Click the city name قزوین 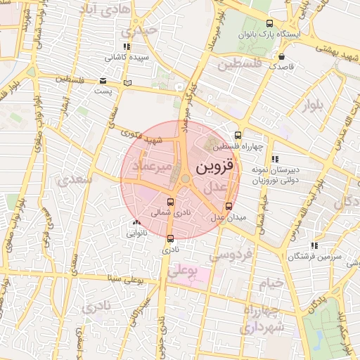tap(213, 168)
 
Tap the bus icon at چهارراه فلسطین tap(238, 134)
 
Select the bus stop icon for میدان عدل tap(229, 206)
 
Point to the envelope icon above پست tap(103, 80)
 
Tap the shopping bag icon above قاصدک tap(281, 56)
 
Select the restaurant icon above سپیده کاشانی tap(127, 46)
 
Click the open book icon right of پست tap(127, 84)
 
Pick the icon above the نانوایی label tap(136, 222)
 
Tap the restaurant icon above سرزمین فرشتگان tap(314, 245)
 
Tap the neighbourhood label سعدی tap(77, 179)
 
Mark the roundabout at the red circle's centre tap(185, 179)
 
